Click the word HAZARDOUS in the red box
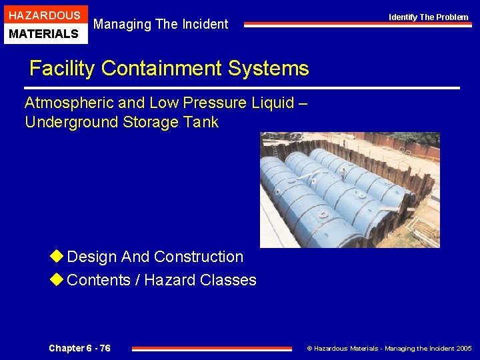click(x=44, y=15)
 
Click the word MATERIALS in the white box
click(x=44, y=34)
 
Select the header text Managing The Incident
click(x=161, y=25)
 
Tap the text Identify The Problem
click(x=429, y=17)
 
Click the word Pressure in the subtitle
click(x=225, y=103)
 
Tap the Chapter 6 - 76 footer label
click(x=79, y=349)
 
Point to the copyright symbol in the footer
click(x=309, y=349)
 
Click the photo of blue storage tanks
click(x=349, y=190)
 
